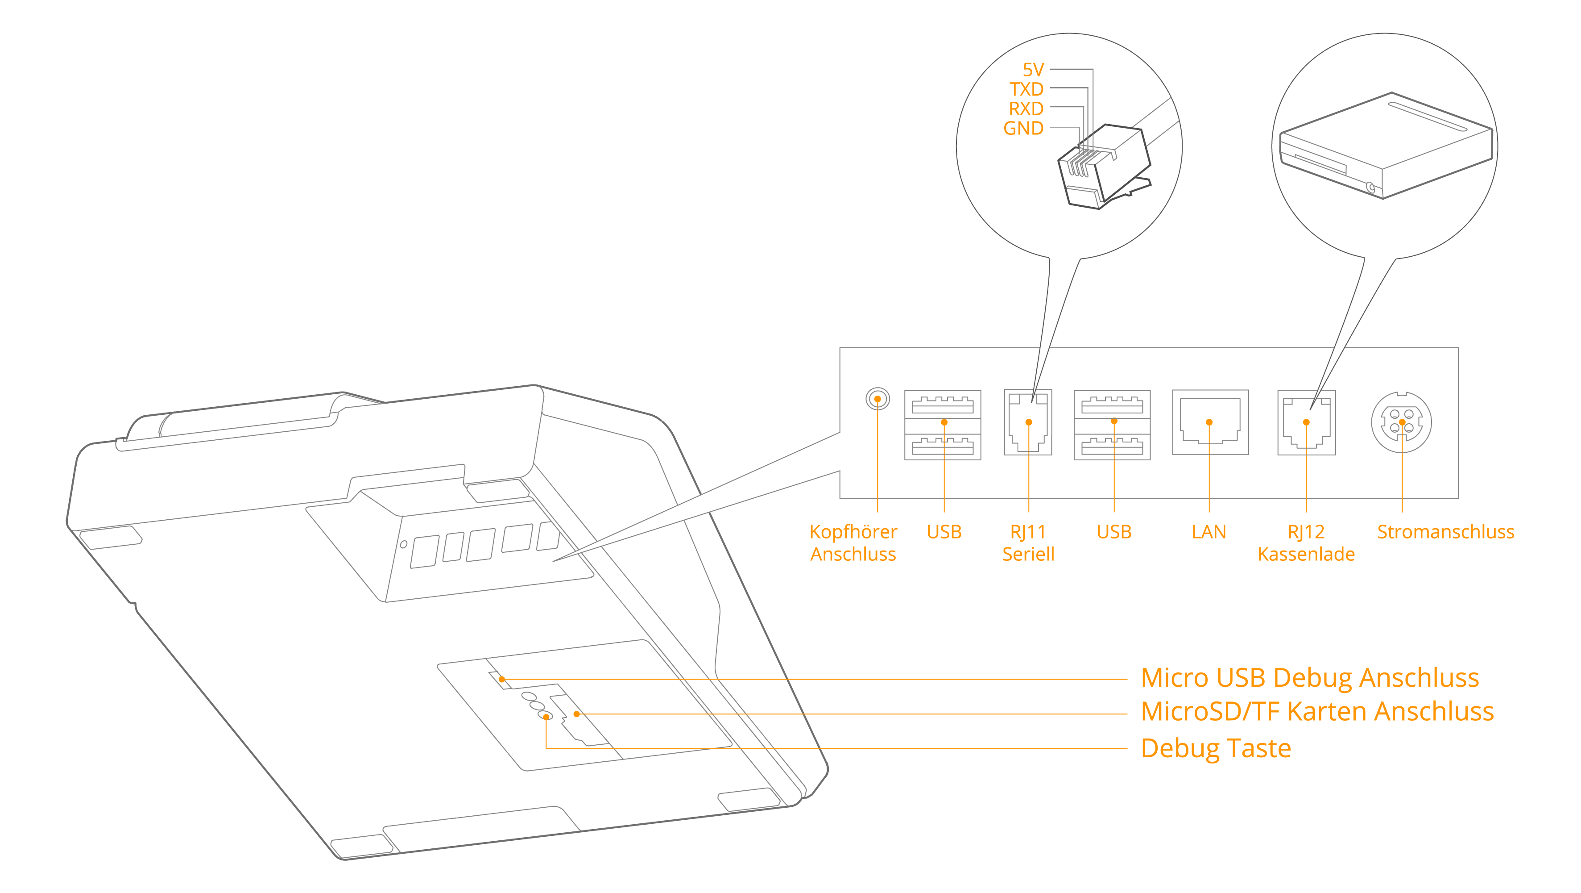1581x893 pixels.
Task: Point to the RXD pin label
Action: pyautogui.click(x=1026, y=108)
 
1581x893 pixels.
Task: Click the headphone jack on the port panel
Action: pyautogui.click(x=877, y=399)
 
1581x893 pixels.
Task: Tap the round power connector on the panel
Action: pyautogui.click(x=1402, y=422)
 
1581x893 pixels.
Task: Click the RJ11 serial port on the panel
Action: pyautogui.click(x=1029, y=422)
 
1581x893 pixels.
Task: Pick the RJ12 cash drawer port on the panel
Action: pyautogui.click(x=1307, y=422)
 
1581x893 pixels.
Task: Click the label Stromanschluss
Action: pyautogui.click(x=1445, y=532)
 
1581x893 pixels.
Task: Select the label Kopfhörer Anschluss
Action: pyautogui.click(x=853, y=543)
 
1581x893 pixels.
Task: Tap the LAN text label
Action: pyautogui.click(x=1209, y=532)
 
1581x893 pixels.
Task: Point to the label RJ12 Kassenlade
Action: pyautogui.click(x=1306, y=543)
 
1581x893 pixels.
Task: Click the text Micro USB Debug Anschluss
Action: pyautogui.click(x=1310, y=678)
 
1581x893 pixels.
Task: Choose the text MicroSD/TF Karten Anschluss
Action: pyautogui.click(x=1317, y=712)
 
